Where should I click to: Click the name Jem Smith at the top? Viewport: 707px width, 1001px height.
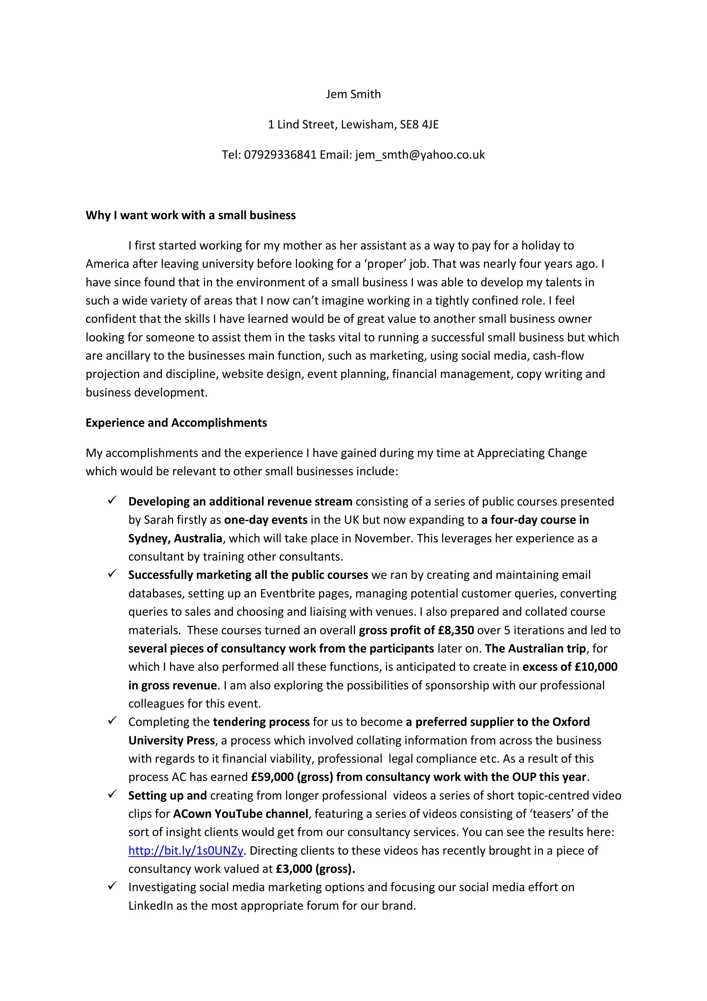353,94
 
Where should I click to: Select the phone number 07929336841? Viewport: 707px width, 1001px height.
280,155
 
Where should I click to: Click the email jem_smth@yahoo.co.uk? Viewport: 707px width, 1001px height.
420,155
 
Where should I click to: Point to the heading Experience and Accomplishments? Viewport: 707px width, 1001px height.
176,423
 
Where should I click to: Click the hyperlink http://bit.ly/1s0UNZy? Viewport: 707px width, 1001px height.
186,851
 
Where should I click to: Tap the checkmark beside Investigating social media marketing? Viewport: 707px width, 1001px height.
112,886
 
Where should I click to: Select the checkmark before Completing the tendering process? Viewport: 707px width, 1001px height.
112,721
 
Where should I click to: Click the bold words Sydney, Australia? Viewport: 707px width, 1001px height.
175,538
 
